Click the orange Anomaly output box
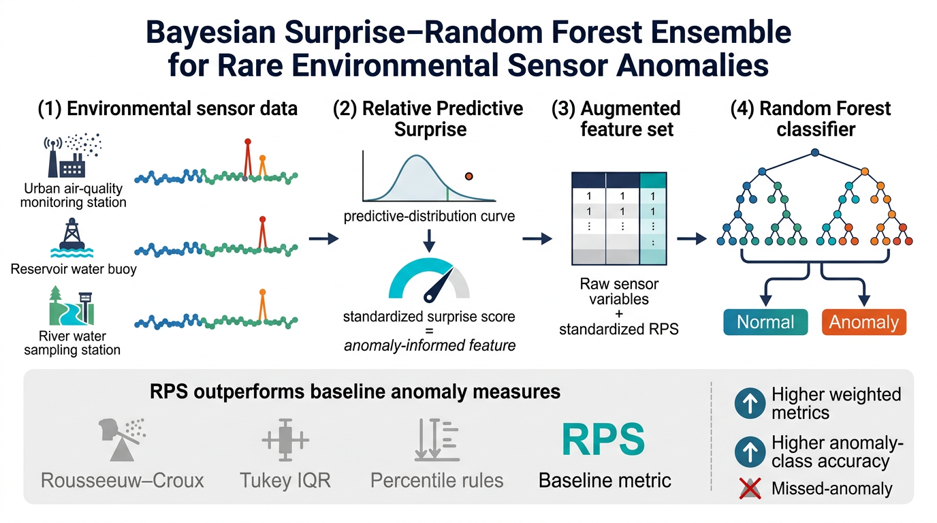click(863, 322)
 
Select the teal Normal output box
click(765, 322)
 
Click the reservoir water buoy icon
click(72, 238)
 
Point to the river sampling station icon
click(72, 306)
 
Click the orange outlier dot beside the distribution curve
click(469, 176)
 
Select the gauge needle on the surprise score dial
click(439, 285)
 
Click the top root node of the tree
click(815, 153)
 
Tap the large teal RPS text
click(603, 439)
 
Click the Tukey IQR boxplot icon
click(285, 440)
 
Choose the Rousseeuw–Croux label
click(122, 480)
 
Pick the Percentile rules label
click(436, 480)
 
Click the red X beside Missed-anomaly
click(750, 488)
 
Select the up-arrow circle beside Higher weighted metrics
click(750, 403)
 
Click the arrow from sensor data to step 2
click(323, 239)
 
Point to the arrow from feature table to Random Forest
click(692, 239)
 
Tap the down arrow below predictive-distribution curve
click(429, 240)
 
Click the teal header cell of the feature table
click(654, 180)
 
